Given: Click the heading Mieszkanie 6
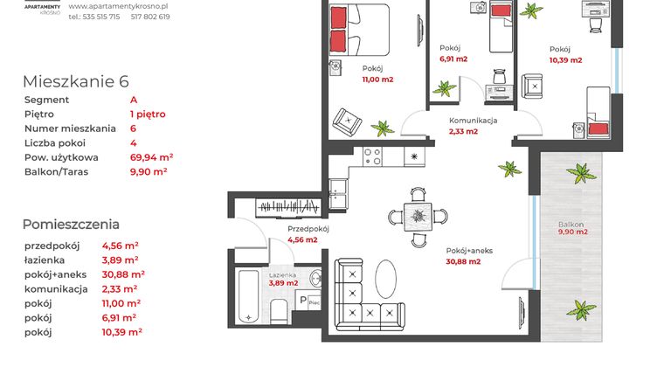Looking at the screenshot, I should click(76, 81).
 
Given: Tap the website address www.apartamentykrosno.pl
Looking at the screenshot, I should click(118, 5).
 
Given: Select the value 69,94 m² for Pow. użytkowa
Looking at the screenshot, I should click(151, 157).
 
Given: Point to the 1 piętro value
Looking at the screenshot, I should click(148, 114).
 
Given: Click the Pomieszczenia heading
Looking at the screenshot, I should click(71, 224).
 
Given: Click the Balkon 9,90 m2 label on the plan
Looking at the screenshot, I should click(573, 228).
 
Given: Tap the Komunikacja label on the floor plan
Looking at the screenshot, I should click(474, 121).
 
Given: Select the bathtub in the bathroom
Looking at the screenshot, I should click(248, 298).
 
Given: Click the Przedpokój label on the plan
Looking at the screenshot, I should click(308, 229).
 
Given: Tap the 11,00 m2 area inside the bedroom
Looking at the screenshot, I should click(377, 80).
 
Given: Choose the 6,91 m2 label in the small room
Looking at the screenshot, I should click(453, 59).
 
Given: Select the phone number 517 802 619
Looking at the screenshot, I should click(150, 17).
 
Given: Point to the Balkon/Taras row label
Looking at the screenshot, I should click(60, 172).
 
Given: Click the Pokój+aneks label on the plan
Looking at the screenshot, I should click(469, 250).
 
